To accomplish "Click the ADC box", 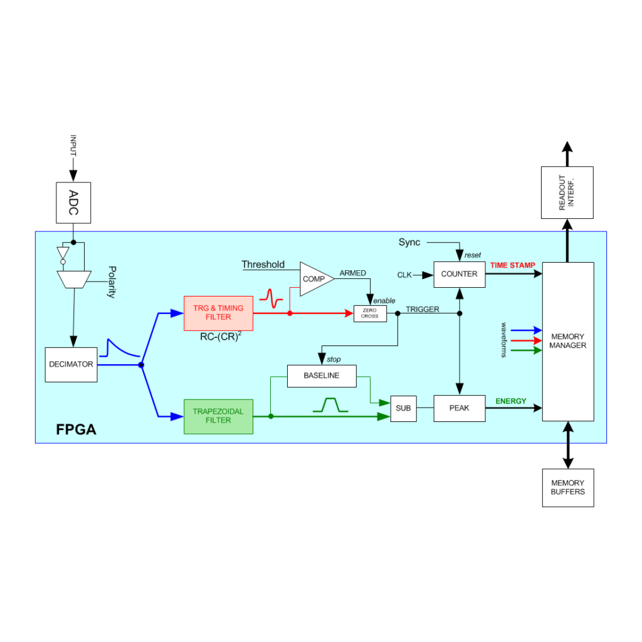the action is tap(73, 203).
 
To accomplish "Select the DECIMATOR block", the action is tap(71, 365).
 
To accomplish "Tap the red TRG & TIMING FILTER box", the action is tap(218, 313).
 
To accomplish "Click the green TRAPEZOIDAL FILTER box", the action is tap(218, 416).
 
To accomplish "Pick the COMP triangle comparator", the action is tap(315, 279).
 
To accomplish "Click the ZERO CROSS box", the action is tap(370, 313).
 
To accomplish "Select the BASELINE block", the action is tap(322, 376).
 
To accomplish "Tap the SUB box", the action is tap(404, 409).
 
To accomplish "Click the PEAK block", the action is tap(460, 408).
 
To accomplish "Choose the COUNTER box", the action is tap(460, 275).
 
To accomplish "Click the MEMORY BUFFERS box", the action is tap(568, 488).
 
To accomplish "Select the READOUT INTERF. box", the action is tap(567, 192).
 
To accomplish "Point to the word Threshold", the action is tap(263, 265).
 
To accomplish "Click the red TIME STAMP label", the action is tap(513, 265).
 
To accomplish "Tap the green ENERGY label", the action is tap(510, 401).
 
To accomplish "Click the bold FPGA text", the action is tap(76, 429).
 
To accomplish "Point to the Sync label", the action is tap(409, 243).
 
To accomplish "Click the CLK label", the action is tap(404, 275).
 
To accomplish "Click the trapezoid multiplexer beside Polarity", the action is tap(74, 280).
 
